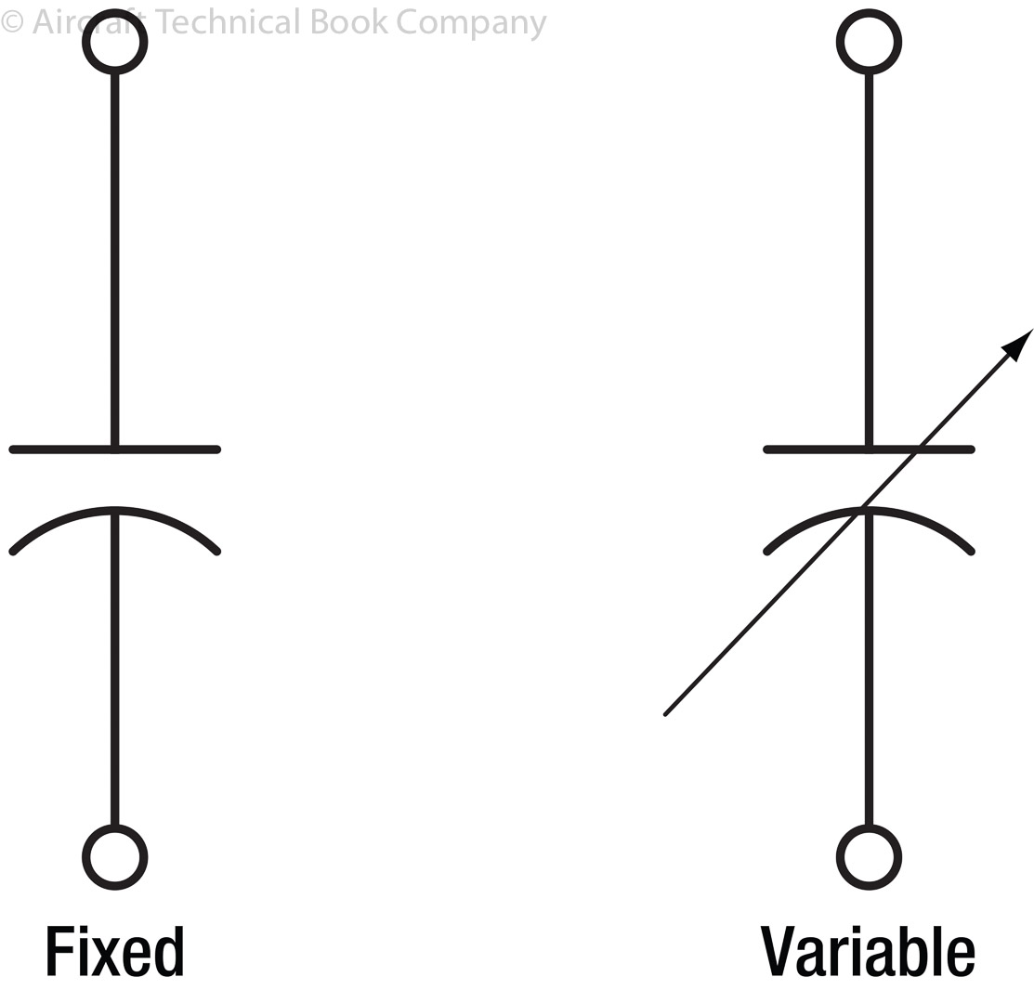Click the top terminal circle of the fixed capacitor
[x=114, y=42]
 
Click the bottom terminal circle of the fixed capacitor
[x=114, y=857]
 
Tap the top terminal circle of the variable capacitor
[x=869, y=42]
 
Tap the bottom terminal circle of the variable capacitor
[x=869, y=857]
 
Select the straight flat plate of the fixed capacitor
[x=56, y=449]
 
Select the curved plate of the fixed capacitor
[x=56, y=525]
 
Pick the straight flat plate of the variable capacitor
[x=808, y=449]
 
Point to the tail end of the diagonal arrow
[x=666, y=713]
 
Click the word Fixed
[x=114, y=951]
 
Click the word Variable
[x=868, y=951]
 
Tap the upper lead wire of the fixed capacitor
[x=114, y=260]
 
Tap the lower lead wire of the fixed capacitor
[x=114, y=669]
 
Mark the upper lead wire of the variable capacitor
[x=869, y=260]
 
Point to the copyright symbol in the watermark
[x=12, y=22]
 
